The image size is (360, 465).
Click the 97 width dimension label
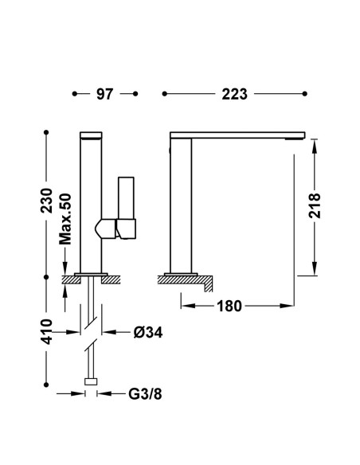pos(104,94)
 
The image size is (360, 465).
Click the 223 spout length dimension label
pos(234,94)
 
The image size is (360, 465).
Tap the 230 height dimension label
pos(46,201)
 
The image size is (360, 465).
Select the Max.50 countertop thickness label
pos(65,219)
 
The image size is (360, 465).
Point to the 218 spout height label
pos(315,205)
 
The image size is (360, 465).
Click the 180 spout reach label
pos(229,306)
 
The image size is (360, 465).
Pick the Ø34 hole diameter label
pos(148,333)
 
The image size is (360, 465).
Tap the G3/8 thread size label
pos(145,394)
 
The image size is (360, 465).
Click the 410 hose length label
pos(46,331)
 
